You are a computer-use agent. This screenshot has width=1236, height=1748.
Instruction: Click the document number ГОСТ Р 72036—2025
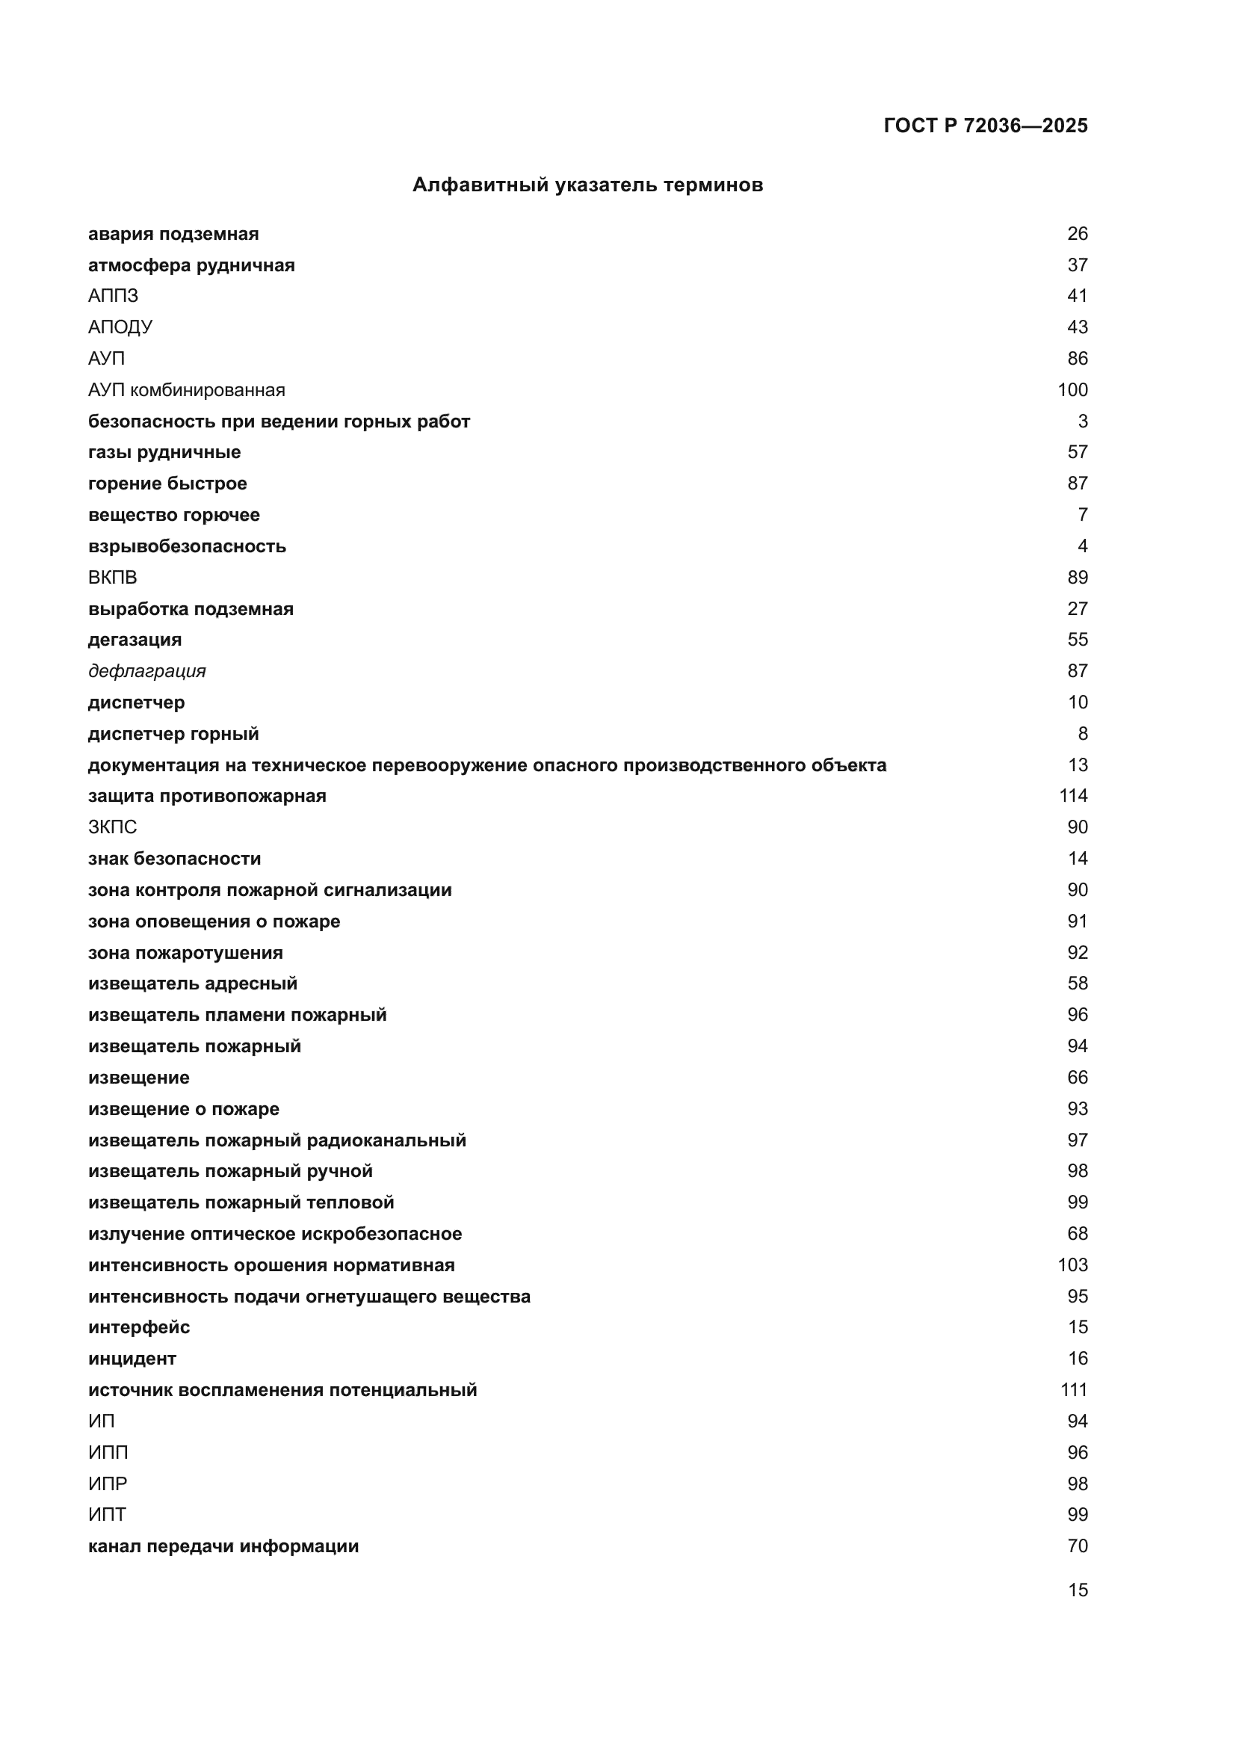985,126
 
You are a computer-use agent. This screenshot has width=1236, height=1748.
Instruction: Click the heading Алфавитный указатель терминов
587,185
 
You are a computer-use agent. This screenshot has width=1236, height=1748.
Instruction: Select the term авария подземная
173,234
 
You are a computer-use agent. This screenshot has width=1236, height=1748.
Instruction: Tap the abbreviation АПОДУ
120,327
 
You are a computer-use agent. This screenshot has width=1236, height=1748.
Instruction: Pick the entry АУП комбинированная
187,390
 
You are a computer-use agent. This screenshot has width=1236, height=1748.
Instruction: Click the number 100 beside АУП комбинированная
1072,390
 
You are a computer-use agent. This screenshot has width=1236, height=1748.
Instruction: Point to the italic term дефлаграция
147,670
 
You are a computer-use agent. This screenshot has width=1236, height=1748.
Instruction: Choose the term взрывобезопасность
188,546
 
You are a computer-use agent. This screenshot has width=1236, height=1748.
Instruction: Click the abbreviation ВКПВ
113,577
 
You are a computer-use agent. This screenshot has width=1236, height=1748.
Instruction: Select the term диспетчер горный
173,734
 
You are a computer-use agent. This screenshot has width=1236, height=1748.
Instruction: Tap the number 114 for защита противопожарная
1073,796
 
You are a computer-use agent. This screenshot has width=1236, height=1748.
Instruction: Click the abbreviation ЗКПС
113,827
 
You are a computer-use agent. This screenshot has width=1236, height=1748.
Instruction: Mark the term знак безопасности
174,859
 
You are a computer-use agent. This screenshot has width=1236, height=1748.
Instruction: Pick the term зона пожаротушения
186,952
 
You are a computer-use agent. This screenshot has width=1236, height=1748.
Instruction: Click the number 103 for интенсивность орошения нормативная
1072,1265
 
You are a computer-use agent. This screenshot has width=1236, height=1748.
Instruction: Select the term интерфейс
139,1328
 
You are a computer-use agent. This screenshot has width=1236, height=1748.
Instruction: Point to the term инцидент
132,1359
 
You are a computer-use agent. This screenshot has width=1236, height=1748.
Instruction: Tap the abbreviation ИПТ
108,1515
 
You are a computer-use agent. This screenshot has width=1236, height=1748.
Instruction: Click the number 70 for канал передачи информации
1078,1546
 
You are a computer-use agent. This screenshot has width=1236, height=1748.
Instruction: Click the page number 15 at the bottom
1078,1590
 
